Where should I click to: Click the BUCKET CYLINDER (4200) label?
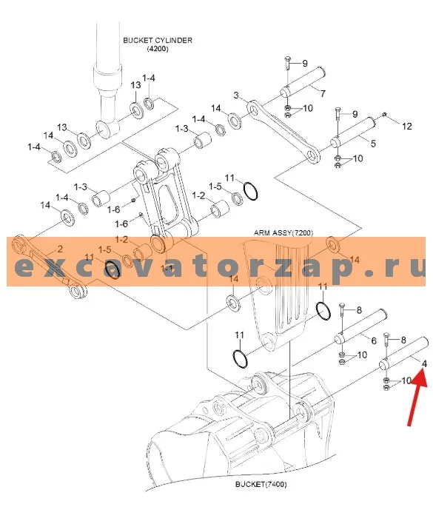click(158, 44)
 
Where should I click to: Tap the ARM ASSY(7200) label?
click(283, 232)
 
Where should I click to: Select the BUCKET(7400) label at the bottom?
click(261, 484)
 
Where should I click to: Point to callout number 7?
click(323, 93)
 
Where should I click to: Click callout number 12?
click(406, 127)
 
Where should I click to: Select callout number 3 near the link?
click(236, 95)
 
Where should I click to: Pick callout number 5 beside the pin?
click(373, 144)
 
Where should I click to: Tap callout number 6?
click(374, 340)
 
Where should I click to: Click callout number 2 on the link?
click(60, 249)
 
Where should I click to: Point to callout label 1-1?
click(166, 268)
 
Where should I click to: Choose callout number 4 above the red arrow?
click(424, 363)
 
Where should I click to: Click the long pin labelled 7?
click(302, 82)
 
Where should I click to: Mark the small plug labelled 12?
click(384, 115)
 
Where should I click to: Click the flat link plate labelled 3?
click(283, 132)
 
